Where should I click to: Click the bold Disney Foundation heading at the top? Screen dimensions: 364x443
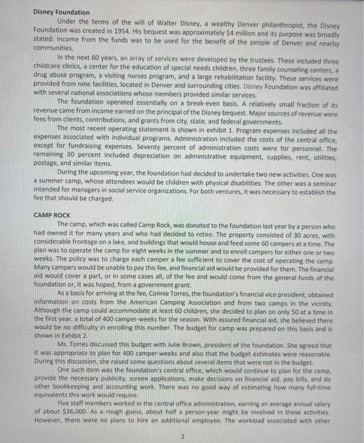(61, 12)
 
